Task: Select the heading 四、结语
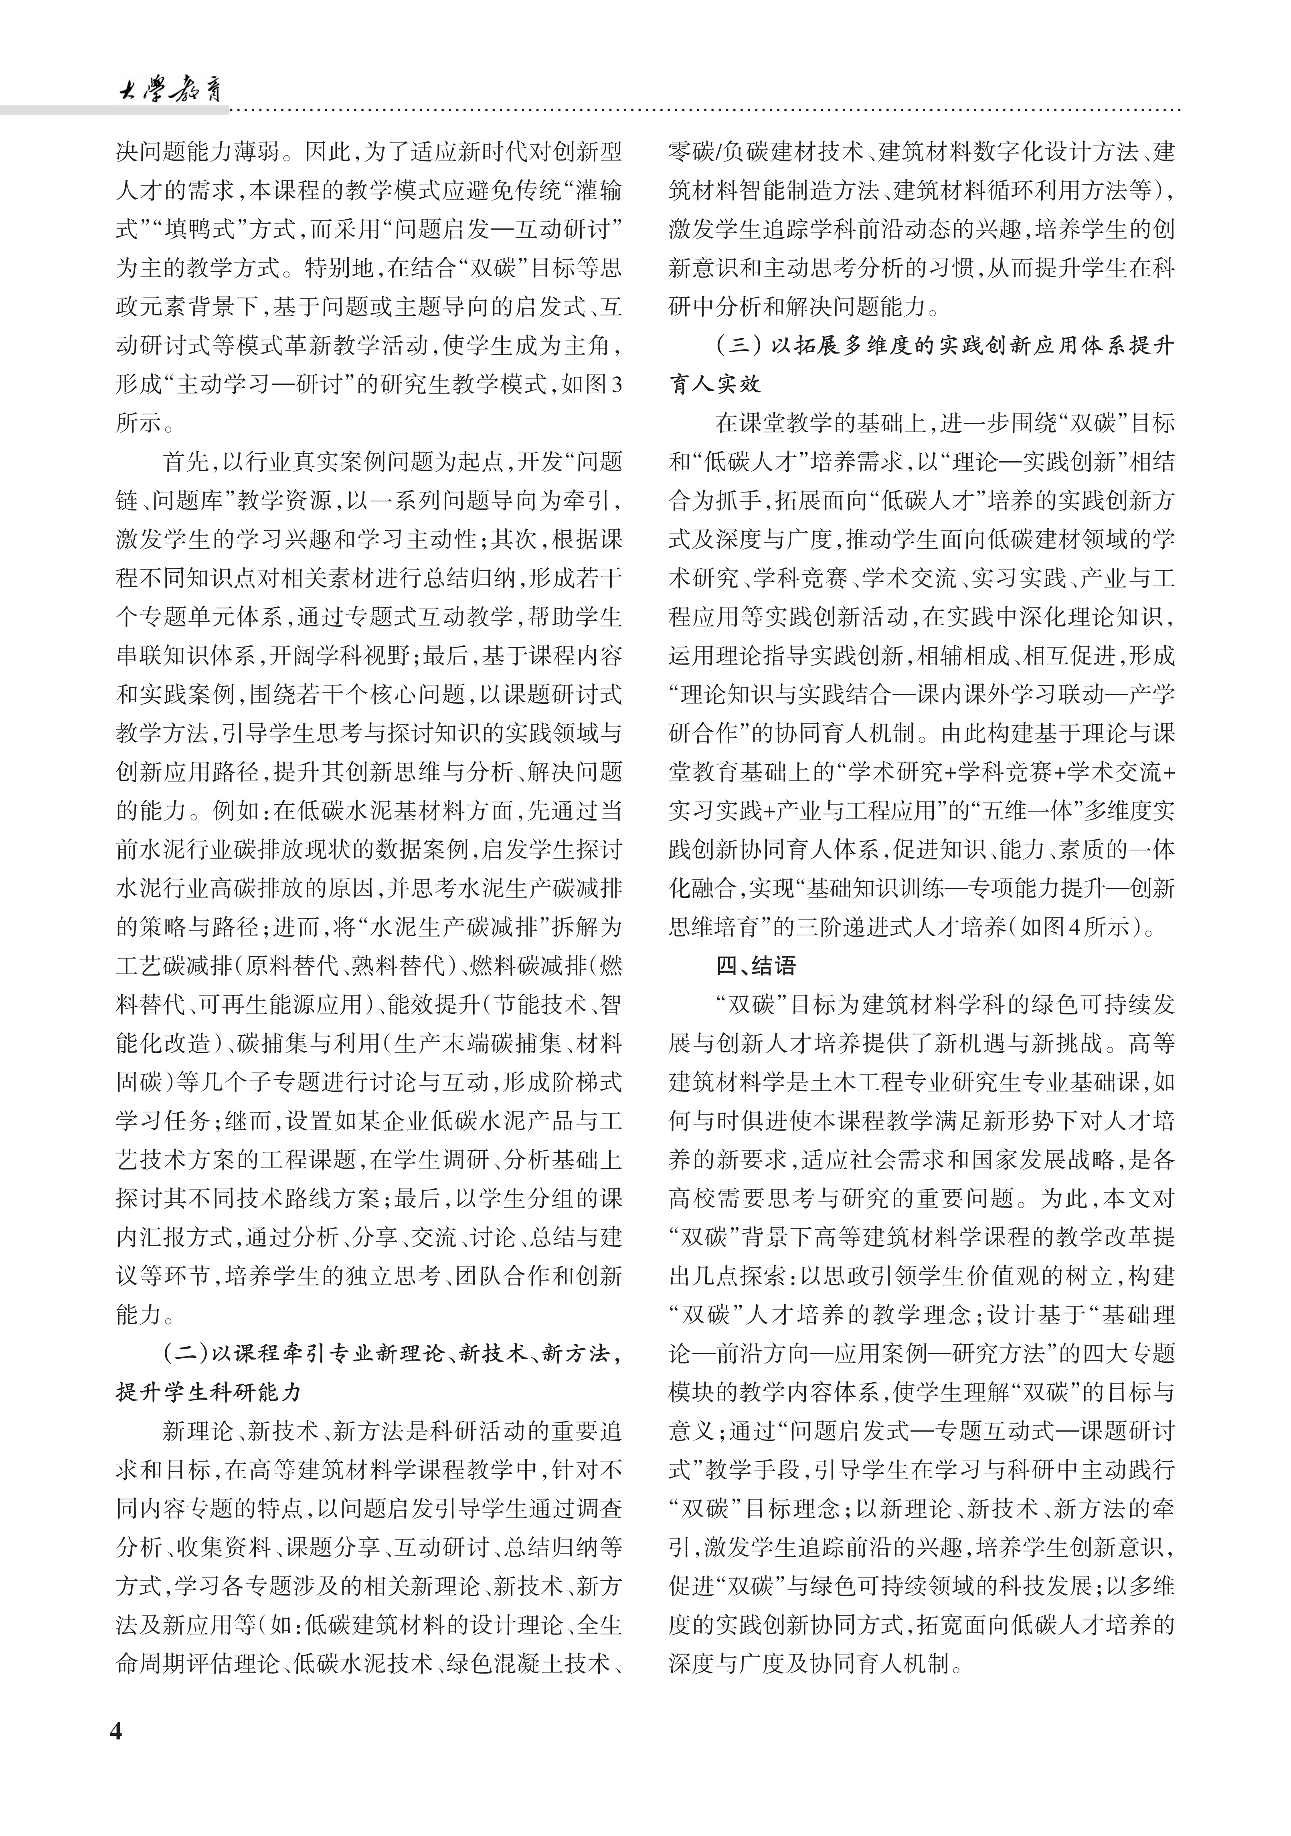click(756, 966)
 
